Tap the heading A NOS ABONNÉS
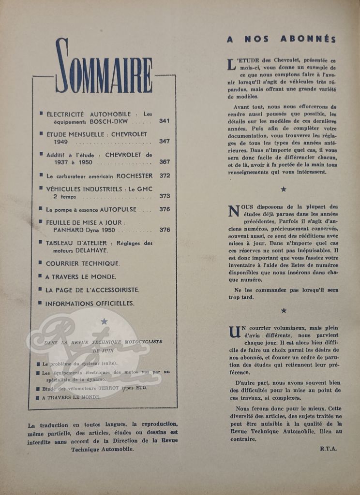[x=281, y=39]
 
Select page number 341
[x=165, y=121]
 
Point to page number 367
[x=165, y=162]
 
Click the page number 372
[x=165, y=175]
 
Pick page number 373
[x=165, y=196]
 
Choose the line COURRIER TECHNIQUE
[x=82, y=263]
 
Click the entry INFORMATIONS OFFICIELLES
[x=90, y=304]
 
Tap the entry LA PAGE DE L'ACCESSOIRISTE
[x=92, y=290]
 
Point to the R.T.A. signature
[x=328, y=449]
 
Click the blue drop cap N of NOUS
[x=233, y=211]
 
